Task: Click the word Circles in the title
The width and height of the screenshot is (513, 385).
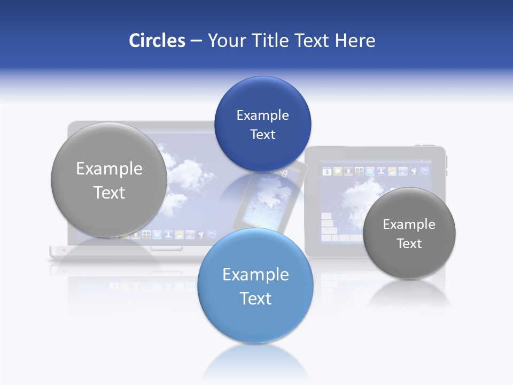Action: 157,41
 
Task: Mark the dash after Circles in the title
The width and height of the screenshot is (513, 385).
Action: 196,41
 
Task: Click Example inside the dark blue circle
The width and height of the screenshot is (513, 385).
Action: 262,115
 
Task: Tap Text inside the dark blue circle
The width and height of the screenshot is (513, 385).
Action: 262,134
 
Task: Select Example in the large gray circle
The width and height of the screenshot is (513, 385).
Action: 109,168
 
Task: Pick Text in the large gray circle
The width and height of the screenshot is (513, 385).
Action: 109,192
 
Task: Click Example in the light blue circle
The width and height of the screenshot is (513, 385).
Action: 255,274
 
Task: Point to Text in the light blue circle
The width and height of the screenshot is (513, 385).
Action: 255,298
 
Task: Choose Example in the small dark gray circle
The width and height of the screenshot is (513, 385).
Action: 409,224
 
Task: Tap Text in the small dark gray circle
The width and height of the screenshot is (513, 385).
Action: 409,243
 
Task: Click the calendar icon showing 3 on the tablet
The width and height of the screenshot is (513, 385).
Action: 327,172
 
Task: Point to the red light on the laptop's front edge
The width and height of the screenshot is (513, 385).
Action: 64,250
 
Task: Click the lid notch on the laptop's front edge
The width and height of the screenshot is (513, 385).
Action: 166,248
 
